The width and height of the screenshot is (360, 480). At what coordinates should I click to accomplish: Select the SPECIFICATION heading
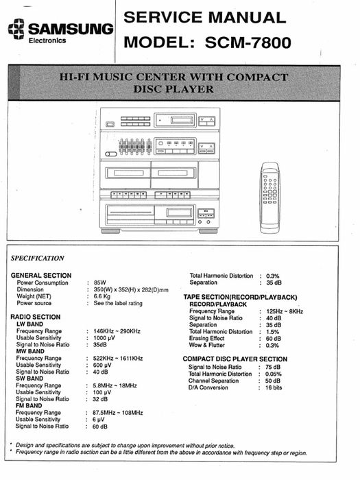pos(38,259)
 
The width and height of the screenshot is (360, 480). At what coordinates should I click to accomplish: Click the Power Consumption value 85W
pos(100,283)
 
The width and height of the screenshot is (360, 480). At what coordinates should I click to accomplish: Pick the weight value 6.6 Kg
pos(103,296)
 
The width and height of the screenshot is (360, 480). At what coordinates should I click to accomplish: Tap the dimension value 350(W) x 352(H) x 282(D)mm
pos(131,289)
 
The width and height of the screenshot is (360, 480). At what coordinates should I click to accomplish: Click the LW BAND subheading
pos(30,324)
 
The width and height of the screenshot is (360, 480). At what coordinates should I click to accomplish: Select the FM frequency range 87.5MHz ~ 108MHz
pos(118,413)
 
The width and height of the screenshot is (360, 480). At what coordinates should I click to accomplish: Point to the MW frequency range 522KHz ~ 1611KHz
pos(118,359)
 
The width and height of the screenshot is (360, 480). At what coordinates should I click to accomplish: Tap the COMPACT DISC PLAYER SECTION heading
pos(235,359)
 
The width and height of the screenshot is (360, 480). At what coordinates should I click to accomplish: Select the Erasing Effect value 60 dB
pos(274,338)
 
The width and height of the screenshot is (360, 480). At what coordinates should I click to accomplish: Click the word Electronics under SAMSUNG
pos(47,40)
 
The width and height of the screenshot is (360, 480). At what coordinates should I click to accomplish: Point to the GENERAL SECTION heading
pos(41,276)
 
